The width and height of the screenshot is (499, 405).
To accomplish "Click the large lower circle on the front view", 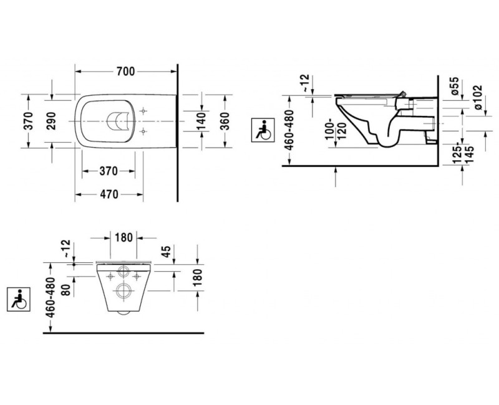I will pos(123,289).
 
